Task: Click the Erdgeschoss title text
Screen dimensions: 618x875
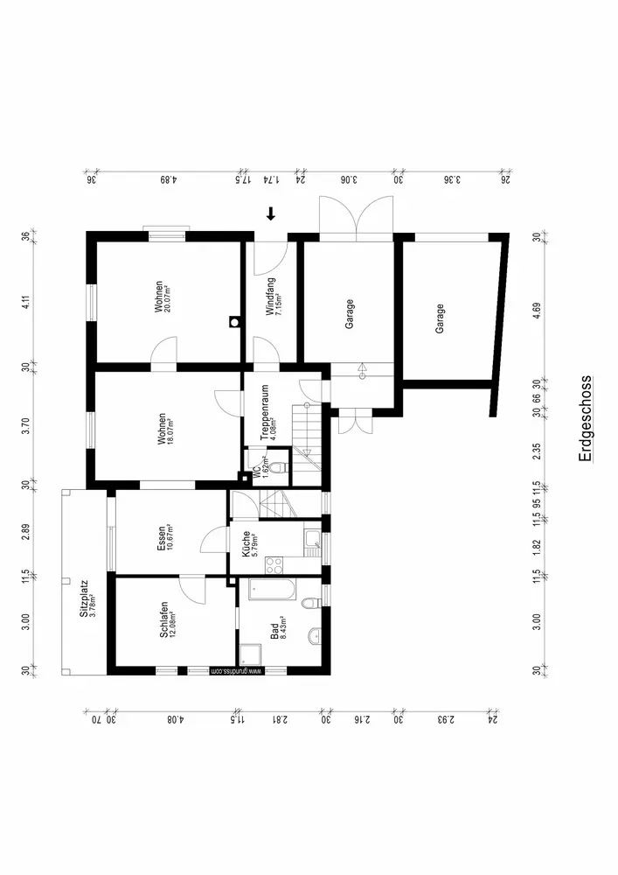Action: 586,419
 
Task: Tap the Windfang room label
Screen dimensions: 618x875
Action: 272,295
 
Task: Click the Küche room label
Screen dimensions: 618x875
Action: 248,545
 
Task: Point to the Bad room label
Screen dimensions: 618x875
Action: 275,627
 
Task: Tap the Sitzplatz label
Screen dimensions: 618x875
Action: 85,604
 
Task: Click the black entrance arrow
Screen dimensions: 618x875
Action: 271,213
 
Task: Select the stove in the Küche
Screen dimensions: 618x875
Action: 273,563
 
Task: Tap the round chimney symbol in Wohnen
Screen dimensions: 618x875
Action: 233,321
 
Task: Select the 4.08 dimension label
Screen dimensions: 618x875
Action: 175,719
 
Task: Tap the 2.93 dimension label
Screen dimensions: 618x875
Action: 444,719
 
